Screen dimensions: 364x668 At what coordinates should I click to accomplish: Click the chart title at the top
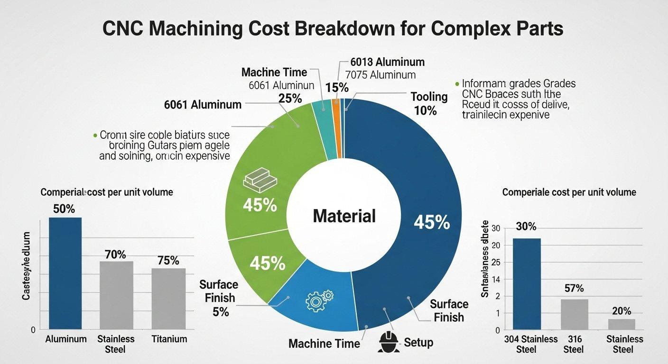(x=334, y=28)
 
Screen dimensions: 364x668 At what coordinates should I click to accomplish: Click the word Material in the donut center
(x=344, y=216)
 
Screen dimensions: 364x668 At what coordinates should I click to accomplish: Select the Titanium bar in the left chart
(x=168, y=299)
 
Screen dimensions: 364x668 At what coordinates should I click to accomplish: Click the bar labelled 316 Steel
(x=574, y=314)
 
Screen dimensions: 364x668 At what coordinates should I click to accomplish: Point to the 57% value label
(x=574, y=288)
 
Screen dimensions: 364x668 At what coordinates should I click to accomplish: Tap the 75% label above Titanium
(x=168, y=261)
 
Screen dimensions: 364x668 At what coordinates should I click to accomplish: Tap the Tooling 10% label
(x=428, y=104)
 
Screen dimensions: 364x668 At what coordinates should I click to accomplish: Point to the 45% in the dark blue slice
(x=431, y=222)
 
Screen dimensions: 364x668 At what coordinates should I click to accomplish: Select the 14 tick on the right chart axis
(x=497, y=280)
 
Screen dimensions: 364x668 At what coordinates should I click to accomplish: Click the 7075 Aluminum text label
(x=380, y=75)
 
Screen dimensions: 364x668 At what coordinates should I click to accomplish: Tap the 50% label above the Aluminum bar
(x=64, y=209)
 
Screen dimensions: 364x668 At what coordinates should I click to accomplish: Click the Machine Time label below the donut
(x=324, y=343)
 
